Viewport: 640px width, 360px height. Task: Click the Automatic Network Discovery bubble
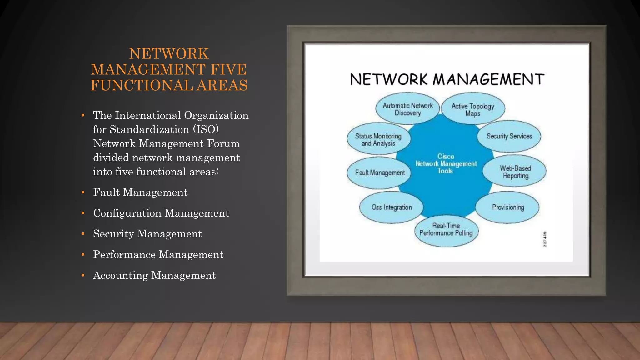pyautogui.click(x=407, y=109)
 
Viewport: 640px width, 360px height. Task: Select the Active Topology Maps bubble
pyautogui.click(x=473, y=109)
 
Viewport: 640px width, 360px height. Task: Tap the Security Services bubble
pyautogui.click(x=509, y=136)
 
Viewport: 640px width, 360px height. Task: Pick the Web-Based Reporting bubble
pyautogui.click(x=515, y=172)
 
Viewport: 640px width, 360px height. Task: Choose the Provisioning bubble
pyautogui.click(x=508, y=207)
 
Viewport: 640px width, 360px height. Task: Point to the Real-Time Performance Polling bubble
pyautogui.click(x=446, y=230)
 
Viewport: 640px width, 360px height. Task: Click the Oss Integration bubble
pyautogui.click(x=392, y=207)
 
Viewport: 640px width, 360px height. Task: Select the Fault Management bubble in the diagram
pyautogui.click(x=379, y=172)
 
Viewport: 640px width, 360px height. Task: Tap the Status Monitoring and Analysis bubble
pyautogui.click(x=378, y=140)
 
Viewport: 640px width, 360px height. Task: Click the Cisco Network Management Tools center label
pyautogui.click(x=446, y=163)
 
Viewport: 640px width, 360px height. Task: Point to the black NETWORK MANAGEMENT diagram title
pyautogui.click(x=447, y=79)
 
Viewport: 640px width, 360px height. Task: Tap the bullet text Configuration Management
pyautogui.click(x=161, y=213)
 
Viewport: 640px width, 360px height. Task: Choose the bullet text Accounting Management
pyautogui.click(x=154, y=275)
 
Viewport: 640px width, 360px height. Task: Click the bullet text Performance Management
pyautogui.click(x=158, y=255)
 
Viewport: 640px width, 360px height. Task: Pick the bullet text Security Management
pyautogui.click(x=147, y=234)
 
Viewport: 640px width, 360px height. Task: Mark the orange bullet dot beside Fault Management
pyautogui.click(x=83, y=192)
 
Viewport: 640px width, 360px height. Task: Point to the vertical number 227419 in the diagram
pyautogui.click(x=545, y=239)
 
